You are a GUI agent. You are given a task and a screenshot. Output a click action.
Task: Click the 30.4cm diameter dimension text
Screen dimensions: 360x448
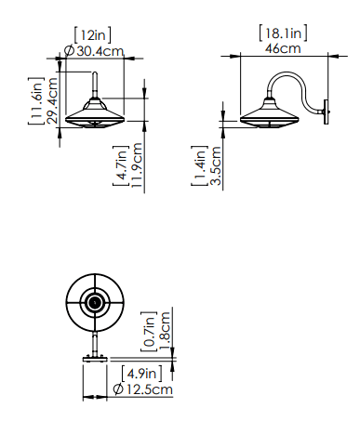100,51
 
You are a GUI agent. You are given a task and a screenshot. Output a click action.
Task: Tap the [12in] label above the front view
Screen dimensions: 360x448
92,35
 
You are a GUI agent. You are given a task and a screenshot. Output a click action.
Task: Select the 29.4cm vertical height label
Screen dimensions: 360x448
52,100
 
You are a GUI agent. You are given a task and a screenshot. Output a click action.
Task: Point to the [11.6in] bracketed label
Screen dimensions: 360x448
36,100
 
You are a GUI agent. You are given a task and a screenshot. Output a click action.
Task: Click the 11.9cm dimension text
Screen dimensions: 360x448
137,165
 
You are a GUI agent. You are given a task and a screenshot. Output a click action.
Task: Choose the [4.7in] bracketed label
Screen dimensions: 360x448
121,165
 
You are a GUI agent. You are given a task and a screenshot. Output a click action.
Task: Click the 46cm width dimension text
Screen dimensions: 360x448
283,48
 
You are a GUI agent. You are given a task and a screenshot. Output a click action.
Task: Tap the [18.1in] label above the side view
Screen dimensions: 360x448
283,33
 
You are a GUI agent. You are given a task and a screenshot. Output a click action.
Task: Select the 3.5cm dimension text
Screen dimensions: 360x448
216,165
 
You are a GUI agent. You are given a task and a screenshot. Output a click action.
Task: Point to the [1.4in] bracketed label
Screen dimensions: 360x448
199,165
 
